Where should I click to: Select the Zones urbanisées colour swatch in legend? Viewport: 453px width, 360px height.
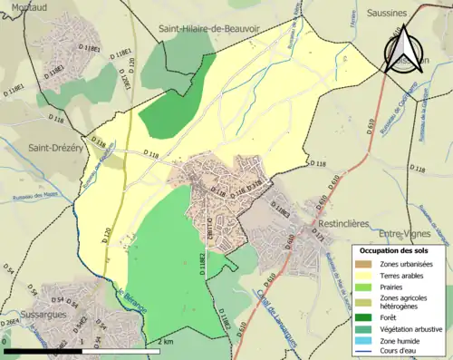(x=363, y=263)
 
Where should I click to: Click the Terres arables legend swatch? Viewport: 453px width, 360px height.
(x=363, y=275)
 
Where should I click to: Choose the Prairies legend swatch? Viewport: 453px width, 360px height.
(x=363, y=287)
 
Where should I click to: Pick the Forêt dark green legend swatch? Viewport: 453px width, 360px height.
(x=363, y=317)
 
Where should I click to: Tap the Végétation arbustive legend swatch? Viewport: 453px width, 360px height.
(x=363, y=329)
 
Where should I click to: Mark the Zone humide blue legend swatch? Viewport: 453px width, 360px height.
(x=363, y=341)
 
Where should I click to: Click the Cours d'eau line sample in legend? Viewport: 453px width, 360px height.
(x=363, y=352)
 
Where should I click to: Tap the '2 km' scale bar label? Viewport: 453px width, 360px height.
(x=165, y=341)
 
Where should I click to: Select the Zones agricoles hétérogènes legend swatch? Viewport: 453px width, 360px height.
(x=363, y=302)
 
